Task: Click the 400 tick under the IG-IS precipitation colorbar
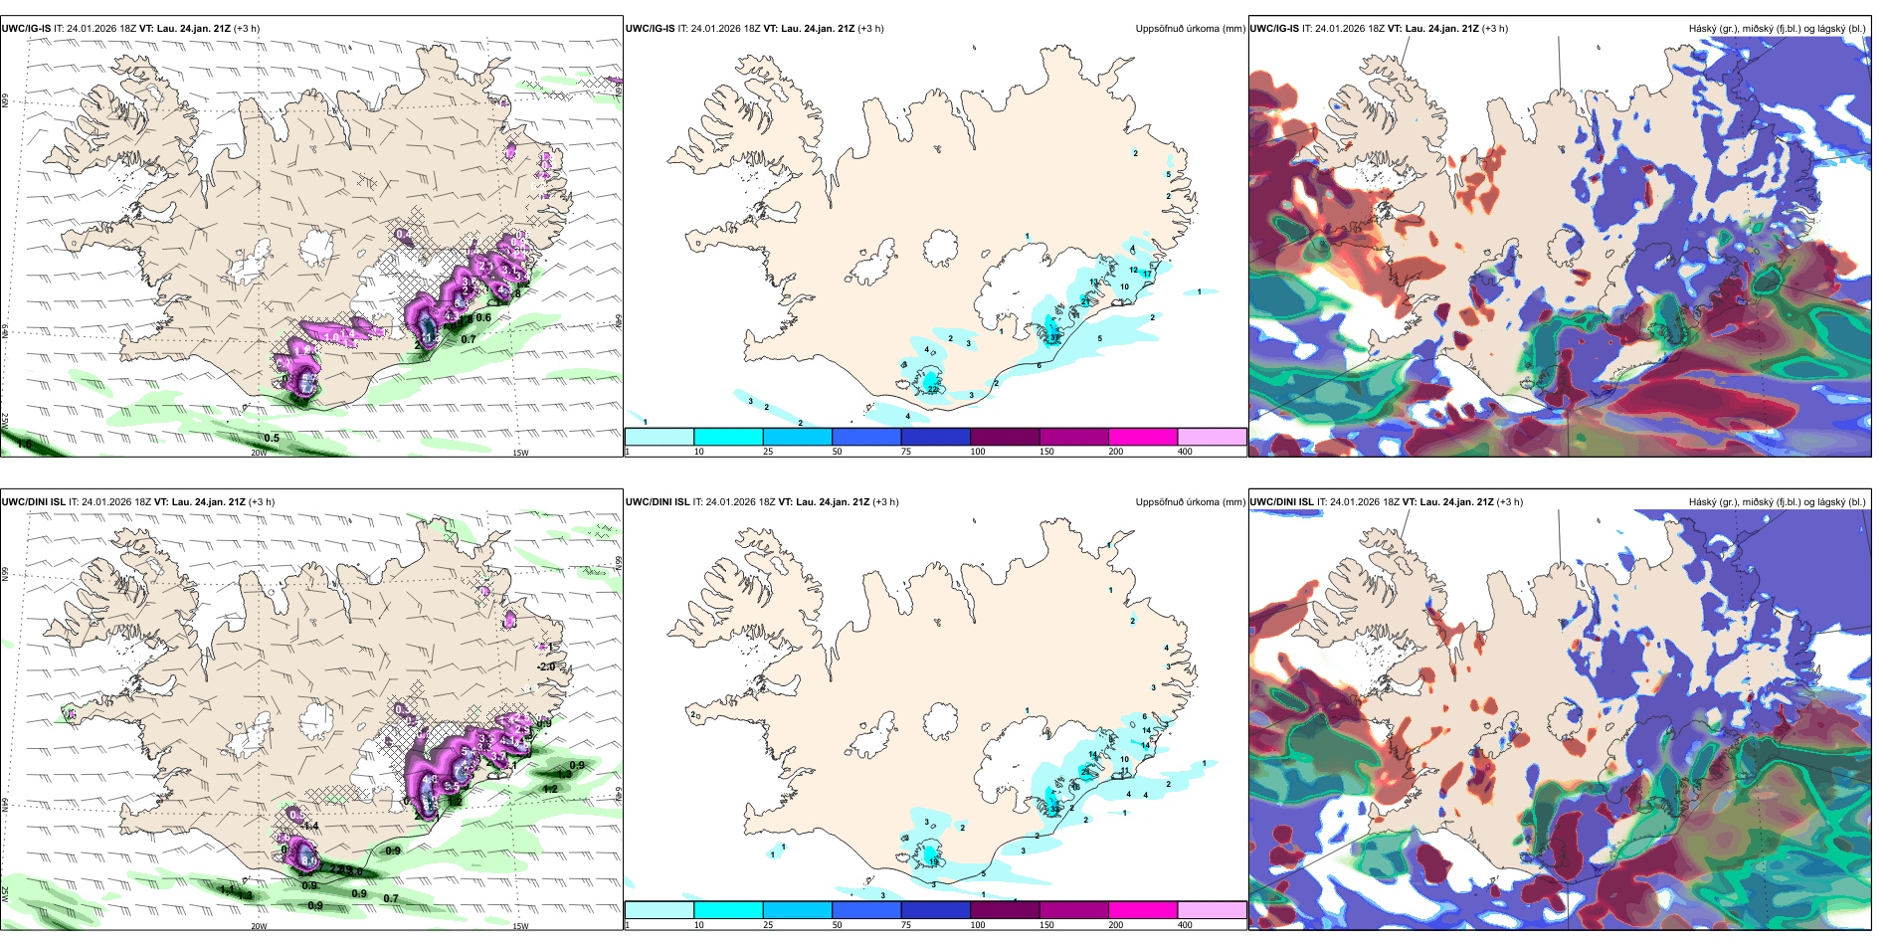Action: tap(1185, 452)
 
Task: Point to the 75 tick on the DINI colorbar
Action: tap(906, 925)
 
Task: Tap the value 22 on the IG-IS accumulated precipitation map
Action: tap(932, 390)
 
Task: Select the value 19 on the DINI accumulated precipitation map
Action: tap(933, 862)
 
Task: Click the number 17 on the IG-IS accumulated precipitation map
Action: tap(1147, 274)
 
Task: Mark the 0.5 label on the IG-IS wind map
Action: tap(272, 438)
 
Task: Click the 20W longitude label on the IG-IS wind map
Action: tap(259, 453)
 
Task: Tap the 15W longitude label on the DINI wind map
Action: tap(519, 926)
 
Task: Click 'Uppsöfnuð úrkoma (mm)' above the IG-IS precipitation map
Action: tap(1190, 29)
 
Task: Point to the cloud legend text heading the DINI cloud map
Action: tap(1777, 502)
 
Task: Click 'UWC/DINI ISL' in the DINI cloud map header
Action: tap(1282, 502)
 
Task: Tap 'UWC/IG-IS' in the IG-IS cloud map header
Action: tap(1274, 29)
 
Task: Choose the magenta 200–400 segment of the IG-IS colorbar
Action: tap(1142, 437)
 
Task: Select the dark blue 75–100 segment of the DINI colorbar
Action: tap(935, 910)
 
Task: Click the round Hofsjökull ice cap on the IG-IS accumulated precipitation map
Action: tap(940, 247)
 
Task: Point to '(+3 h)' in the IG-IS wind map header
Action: tap(247, 29)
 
